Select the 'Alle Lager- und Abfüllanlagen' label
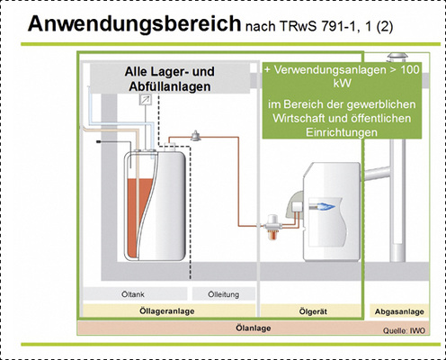[168, 79]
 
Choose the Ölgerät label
[311, 311]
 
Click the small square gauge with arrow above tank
[145, 103]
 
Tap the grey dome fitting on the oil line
[195, 135]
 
